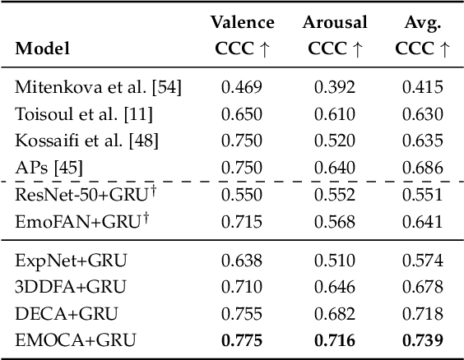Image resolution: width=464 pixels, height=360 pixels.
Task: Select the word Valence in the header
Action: click(242, 22)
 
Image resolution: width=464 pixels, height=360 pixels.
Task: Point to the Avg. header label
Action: click(421, 22)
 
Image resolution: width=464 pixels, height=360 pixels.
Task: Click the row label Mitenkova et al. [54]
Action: click(98, 86)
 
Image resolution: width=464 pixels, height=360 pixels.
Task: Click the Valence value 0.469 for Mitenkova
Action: click(241, 86)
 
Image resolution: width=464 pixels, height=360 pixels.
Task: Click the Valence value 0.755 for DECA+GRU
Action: click(241, 313)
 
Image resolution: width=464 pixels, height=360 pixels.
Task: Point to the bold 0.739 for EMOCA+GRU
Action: click(421, 339)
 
